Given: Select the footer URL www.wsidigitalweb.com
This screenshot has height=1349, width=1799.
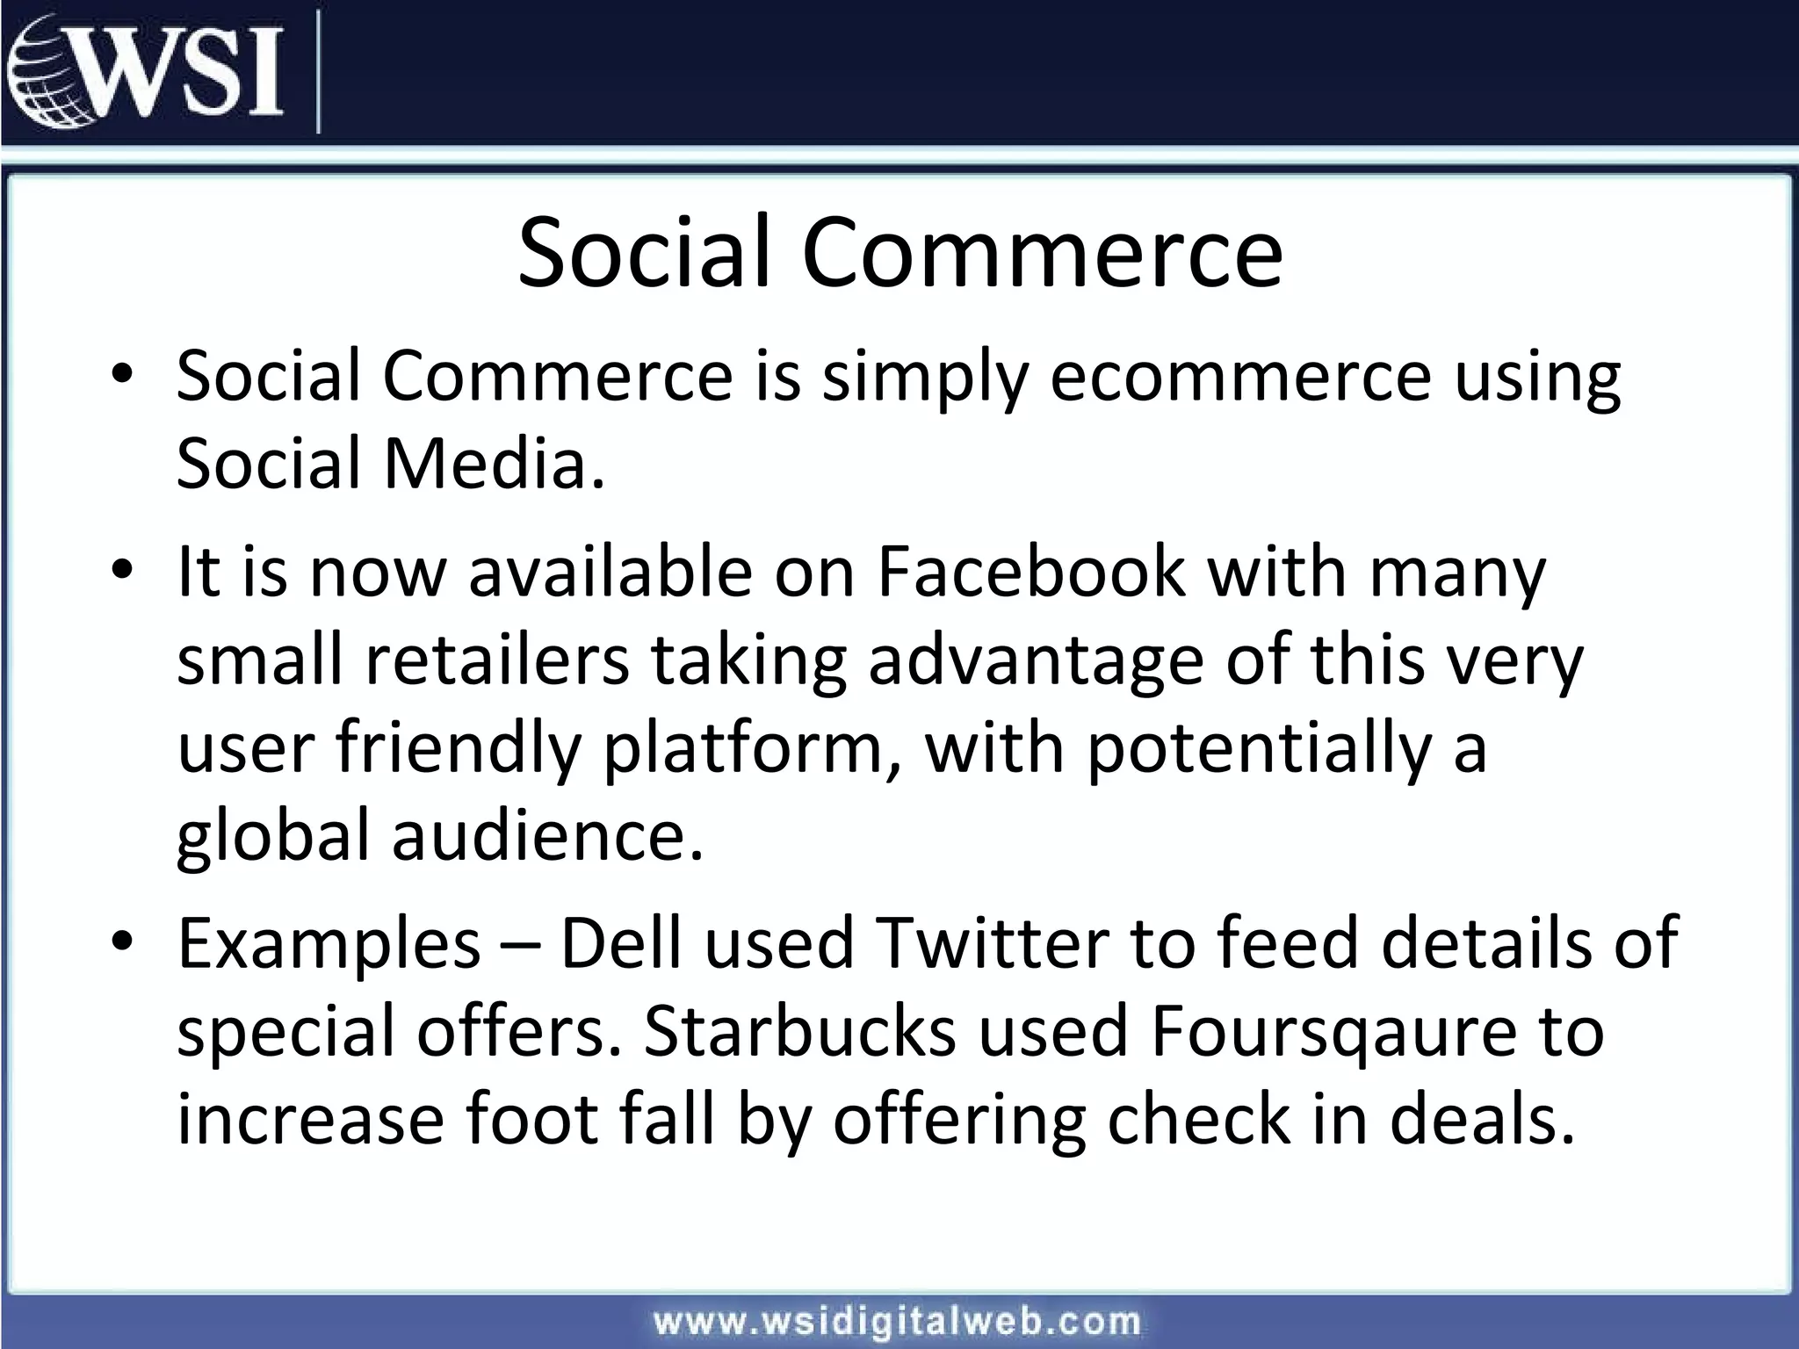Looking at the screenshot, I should [897, 1322].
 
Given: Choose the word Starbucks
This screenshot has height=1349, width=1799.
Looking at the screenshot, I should [799, 1032].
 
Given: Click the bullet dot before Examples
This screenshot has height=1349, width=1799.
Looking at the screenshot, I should [122, 941].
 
